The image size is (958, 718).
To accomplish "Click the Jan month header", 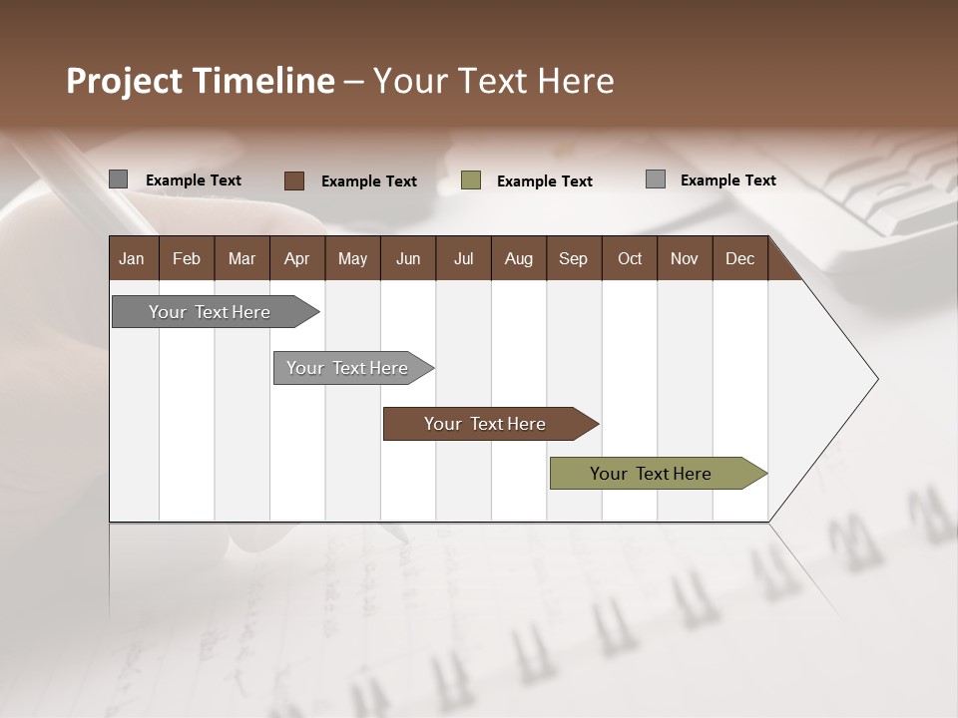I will (x=133, y=258).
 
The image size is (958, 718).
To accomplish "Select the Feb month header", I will (x=187, y=258).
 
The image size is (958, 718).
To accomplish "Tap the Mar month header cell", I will (x=241, y=258).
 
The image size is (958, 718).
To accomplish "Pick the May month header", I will (x=352, y=258).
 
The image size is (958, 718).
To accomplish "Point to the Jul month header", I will (x=463, y=258).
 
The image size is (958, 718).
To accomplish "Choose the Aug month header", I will (x=519, y=258).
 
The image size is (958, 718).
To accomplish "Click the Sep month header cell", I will (x=574, y=258).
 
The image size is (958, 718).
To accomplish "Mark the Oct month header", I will (x=630, y=258).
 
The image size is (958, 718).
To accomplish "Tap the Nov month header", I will (x=685, y=258).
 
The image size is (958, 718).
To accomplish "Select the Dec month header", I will (x=740, y=258).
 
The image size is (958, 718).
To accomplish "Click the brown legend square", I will (x=293, y=180).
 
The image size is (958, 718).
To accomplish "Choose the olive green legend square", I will (x=471, y=180).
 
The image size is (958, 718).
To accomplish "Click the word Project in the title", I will (x=124, y=81).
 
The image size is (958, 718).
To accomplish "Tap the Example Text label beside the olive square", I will (x=545, y=181).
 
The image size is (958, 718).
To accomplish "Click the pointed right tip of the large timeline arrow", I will (x=875, y=379).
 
